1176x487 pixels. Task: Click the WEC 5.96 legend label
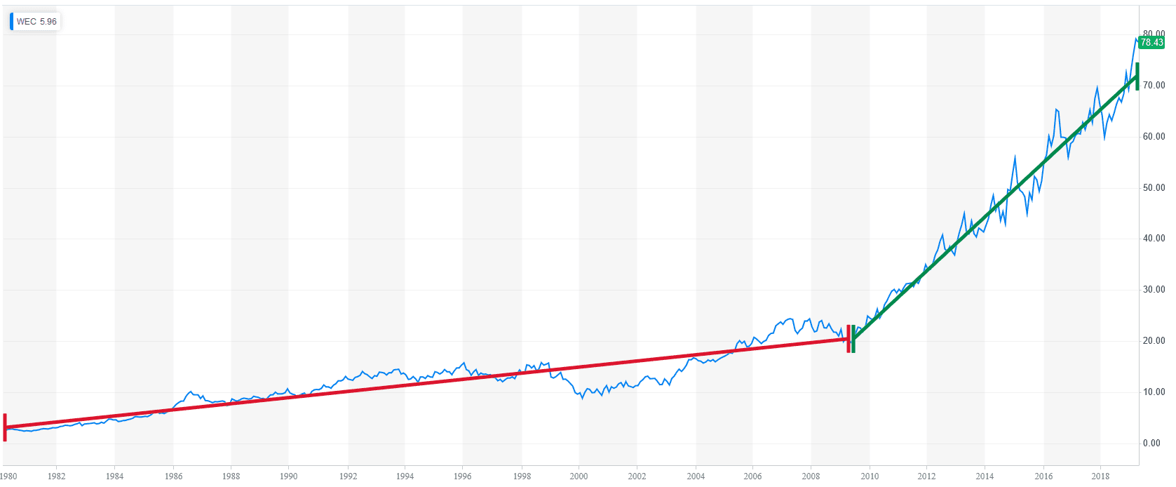point(36,22)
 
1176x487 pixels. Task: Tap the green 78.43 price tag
point(1151,43)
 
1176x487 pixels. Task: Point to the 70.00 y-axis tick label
point(1154,86)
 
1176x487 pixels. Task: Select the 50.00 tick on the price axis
point(1154,188)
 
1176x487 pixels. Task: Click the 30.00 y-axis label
point(1154,290)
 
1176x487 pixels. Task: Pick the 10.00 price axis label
point(1154,392)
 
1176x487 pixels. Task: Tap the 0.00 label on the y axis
point(1151,443)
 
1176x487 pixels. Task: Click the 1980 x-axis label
point(8,476)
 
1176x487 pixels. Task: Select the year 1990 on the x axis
point(288,476)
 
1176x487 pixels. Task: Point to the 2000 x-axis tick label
point(579,476)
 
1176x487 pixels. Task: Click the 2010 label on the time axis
point(870,476)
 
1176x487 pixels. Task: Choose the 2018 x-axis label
point(1100,476)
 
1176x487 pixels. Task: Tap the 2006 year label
point(752,476)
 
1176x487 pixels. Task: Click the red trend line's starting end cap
point(5,427)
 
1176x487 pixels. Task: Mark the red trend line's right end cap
point(848,339)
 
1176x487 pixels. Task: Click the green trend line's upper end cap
point(1137,76)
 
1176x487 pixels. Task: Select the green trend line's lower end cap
point(853,339)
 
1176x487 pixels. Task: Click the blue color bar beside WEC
point(11,22)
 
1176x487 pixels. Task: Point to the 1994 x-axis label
point(405,476)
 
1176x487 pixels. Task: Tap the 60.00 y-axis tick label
point(1154,137)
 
